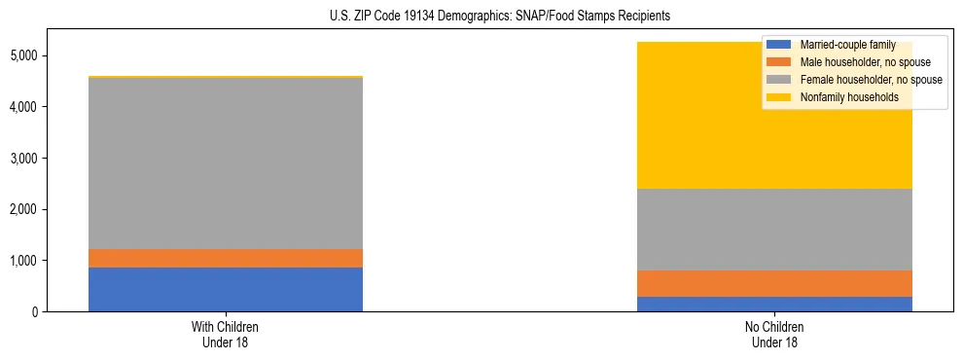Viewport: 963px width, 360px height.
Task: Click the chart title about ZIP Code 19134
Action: point(481,17)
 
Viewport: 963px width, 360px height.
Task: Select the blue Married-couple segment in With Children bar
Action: point(226,289)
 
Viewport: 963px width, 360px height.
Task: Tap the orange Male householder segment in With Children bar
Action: point(226,258)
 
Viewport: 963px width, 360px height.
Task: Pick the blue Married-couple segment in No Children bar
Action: point(775,304)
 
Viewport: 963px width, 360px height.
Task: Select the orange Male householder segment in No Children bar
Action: point(775,283)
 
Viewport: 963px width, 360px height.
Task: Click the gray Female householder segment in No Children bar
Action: point(775,229)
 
